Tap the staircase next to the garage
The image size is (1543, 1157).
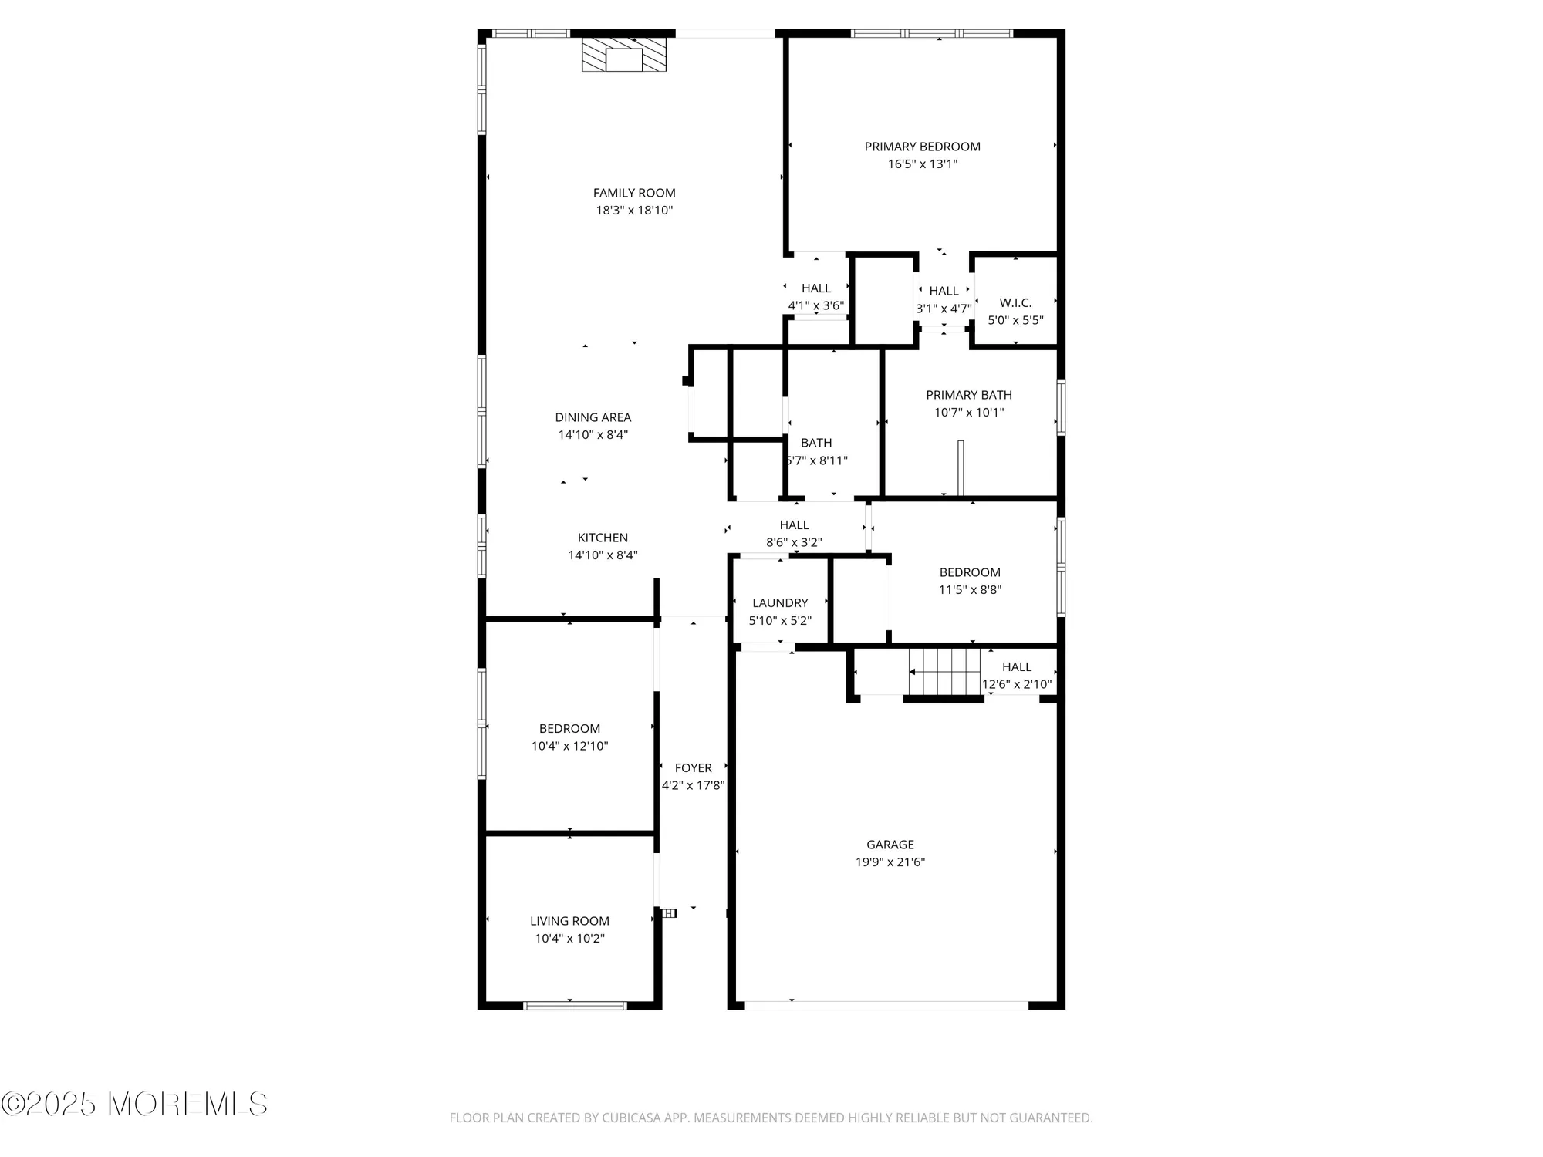click(944, 671)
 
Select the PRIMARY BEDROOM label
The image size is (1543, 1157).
click(922, 147)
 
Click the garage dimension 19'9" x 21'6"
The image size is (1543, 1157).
click(890, 862)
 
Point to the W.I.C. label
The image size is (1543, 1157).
click(1015, 303)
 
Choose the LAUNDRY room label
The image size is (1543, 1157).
click(780, 603)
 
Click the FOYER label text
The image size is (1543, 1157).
click(693, 768)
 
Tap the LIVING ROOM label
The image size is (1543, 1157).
click(569, 921)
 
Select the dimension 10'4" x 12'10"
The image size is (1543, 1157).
click(569, 746)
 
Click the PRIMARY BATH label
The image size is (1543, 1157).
click(969, 395)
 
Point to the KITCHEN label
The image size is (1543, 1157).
click(603, 538)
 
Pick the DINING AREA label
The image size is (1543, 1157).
click(593, 417)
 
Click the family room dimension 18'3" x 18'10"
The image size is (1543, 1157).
click(634, 210)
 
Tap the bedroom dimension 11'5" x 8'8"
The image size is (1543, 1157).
click(970, 589)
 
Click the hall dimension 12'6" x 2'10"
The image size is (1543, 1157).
click(1017, 684)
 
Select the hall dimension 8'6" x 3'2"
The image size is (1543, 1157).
click(794, 542)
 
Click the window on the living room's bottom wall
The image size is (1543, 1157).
click(575, 1005)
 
